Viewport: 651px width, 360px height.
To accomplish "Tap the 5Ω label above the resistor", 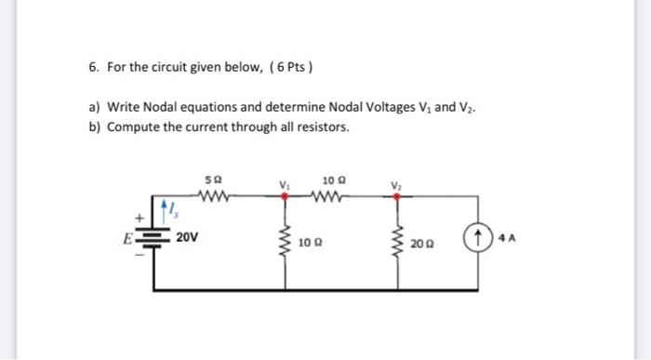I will coord(218,180).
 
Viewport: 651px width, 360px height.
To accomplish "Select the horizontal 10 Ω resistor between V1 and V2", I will coord(332,196).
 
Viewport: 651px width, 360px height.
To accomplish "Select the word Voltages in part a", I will coord(369,108).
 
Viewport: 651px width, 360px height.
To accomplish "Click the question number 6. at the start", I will coord(94,69).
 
